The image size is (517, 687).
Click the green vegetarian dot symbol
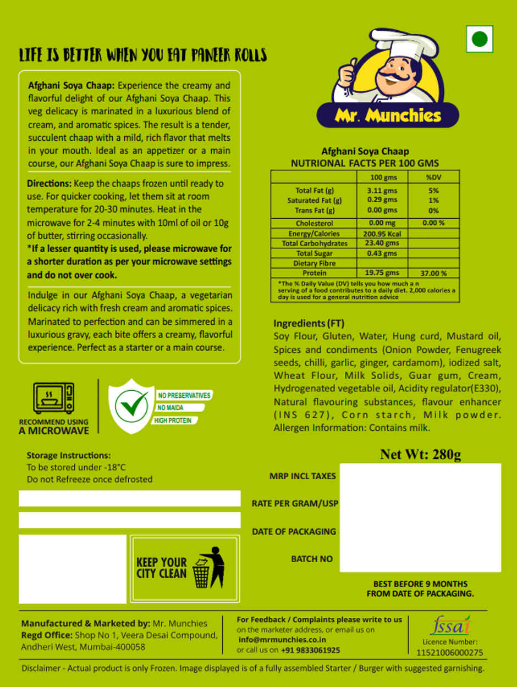tap(480, 39)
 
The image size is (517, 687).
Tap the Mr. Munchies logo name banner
tap(388, 115)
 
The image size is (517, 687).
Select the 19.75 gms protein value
tap(382, 273)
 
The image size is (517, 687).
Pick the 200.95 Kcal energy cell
tap(382, 234)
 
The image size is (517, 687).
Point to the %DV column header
tap(433, 177)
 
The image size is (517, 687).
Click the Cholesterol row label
tap(314, 224)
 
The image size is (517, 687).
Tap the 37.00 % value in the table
tap(433, 273)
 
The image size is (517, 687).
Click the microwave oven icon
tap(54, 398)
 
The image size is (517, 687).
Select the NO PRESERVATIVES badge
tap(184, 396)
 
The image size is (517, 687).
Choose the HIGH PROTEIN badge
tap(173, 420)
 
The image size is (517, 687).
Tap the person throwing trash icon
tap(212, 568)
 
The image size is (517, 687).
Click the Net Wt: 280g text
tap(420, 455)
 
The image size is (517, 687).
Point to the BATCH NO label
tap(312, 559)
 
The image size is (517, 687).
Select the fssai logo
tap(449, 625)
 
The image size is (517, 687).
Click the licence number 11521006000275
tap(449, 652)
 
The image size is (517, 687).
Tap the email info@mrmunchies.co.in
tap(282, 640)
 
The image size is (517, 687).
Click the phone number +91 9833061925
tap(310, 650)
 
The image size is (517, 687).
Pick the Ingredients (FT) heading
tap(309, 323)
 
